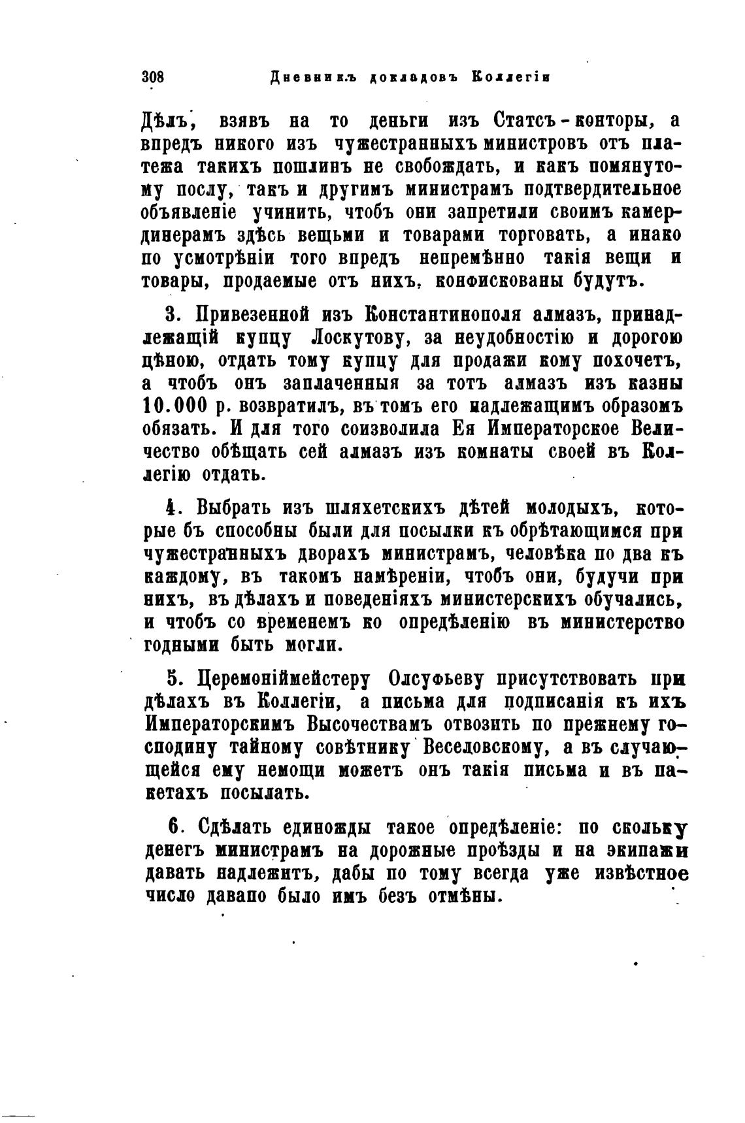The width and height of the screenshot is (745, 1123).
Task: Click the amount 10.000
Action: pos(174,405)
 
